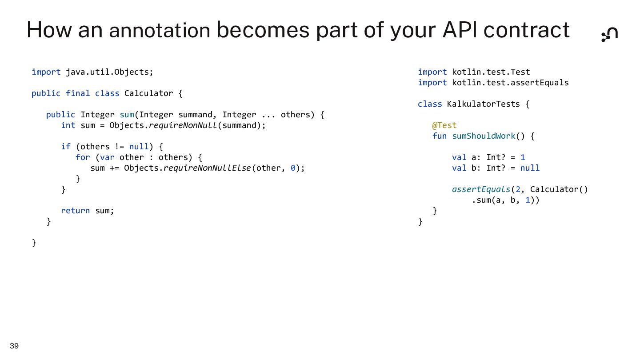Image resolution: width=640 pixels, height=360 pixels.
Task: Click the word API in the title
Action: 460,30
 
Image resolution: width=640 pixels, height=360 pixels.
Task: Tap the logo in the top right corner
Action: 609,34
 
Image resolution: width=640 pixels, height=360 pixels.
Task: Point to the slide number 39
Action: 14,346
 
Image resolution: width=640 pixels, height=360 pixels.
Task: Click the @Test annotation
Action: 444,125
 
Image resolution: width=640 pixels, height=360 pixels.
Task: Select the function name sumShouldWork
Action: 484,136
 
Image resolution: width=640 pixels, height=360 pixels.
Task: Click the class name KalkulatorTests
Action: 483,104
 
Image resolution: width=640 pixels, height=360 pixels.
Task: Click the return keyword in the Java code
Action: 75,211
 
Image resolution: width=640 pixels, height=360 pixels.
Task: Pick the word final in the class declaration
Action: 77,93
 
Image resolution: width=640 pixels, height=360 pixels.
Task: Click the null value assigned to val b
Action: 530,168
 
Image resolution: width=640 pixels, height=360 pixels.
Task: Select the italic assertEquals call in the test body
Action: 481,189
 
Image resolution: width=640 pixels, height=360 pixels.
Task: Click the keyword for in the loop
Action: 83,157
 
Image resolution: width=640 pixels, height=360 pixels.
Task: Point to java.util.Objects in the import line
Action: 109,72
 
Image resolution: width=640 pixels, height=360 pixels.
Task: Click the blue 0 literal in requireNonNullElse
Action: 293,168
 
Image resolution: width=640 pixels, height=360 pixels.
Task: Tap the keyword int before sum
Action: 68,125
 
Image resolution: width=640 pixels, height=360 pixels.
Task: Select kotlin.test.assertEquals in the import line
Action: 510,83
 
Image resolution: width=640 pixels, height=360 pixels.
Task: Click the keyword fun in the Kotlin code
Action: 440,136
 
